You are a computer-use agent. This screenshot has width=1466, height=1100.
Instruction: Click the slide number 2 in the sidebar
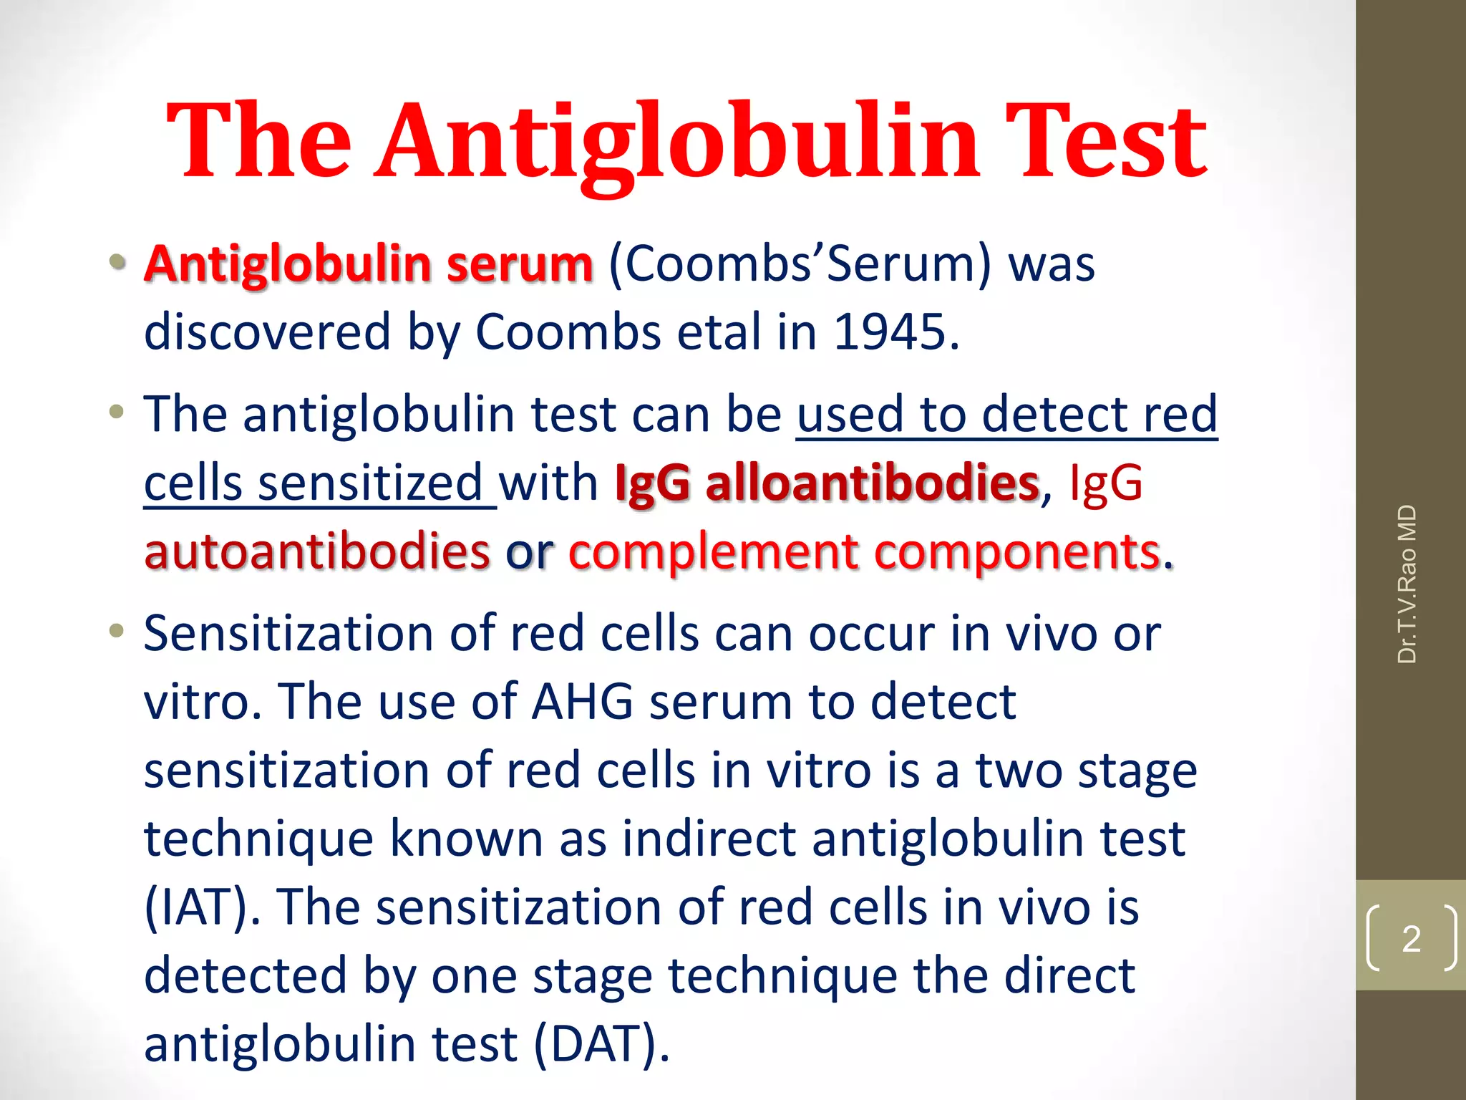1411,938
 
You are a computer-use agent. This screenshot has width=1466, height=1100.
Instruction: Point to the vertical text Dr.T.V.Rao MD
1407,584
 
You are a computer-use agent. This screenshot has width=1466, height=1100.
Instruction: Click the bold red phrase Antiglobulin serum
369,264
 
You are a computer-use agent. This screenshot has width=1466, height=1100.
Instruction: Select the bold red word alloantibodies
872,483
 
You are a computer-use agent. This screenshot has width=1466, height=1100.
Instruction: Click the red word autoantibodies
317,551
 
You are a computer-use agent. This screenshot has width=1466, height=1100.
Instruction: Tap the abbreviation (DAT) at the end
601,1044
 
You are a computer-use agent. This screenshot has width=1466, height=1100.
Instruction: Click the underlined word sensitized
370,483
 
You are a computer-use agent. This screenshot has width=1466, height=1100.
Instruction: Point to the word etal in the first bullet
719,332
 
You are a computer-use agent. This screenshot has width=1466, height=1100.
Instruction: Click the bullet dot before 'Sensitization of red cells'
117,631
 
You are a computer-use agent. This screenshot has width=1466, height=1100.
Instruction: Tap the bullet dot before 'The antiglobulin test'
117,412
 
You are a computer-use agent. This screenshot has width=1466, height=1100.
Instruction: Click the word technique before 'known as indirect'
258,839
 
